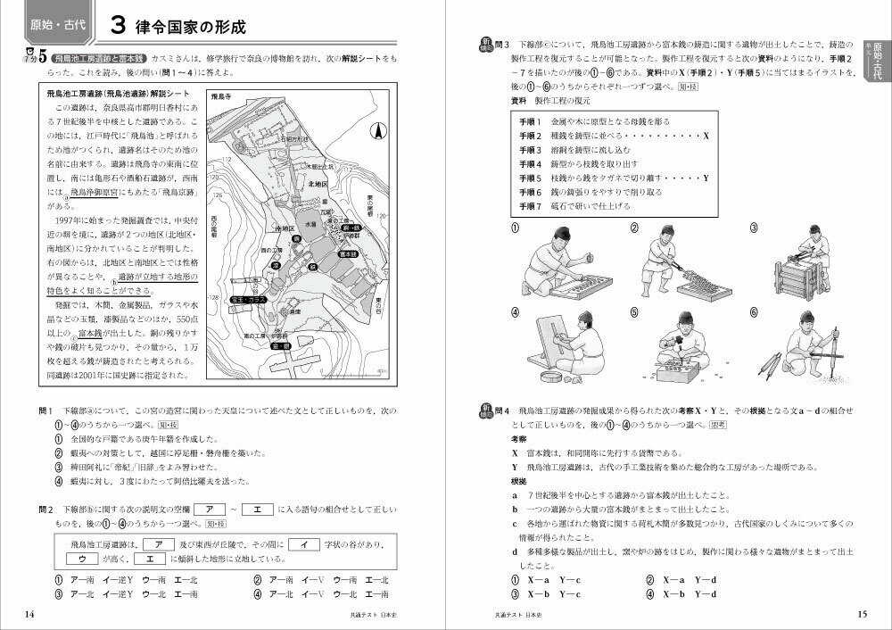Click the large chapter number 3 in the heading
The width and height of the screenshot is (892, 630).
pos(117,25)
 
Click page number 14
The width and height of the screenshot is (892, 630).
pos(29,613)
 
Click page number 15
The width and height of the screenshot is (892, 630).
pos(861,613)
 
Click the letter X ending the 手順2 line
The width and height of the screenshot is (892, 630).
pos(706,135)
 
